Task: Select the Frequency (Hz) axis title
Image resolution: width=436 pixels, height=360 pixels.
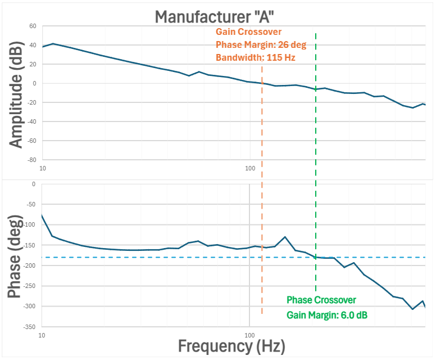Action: click(231, 344)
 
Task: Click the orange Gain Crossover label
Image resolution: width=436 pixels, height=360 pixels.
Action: click(248, 32)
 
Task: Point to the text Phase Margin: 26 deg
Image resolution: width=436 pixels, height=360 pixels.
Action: click(256, 44)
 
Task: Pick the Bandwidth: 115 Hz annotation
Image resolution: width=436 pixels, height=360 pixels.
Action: click(256, 57)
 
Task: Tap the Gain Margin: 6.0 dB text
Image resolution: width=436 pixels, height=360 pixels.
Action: click(327, 314)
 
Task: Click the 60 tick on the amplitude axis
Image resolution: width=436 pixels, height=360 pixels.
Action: click(32, 26)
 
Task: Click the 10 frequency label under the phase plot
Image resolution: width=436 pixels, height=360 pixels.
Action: click(42, 335)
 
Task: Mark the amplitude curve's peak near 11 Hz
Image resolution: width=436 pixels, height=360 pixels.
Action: click(53, 43)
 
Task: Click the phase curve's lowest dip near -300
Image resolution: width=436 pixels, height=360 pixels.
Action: click(412, 309)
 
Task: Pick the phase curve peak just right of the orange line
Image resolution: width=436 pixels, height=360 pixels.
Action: click(285, 237)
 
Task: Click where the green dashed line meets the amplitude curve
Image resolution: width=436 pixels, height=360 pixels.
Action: click(316, 89)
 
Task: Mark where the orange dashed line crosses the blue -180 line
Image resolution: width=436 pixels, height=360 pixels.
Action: click(262, 257)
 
